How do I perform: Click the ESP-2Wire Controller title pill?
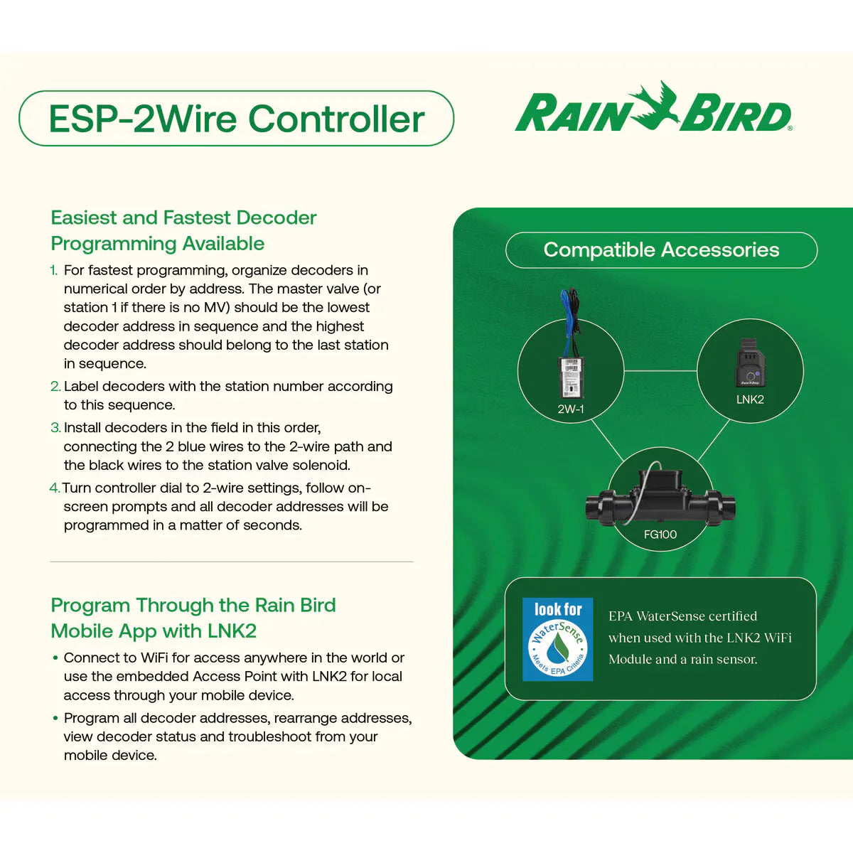click(236, 119)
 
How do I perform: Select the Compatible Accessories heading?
click(661, 250)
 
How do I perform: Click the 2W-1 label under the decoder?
click(570, 409)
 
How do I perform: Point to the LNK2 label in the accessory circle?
click(750, 399)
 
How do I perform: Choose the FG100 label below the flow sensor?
click(660, 535)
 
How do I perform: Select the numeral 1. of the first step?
click(54, 271)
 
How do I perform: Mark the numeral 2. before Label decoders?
click(55, 387)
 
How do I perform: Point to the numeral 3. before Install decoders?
click(55, 428)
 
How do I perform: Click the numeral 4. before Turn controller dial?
click(55, 488)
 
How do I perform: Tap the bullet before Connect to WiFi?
click(55, 658)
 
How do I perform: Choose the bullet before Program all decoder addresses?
click(55, 719)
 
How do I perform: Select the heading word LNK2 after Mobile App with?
click(232, 631)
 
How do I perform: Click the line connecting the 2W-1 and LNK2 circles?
click(660, 371)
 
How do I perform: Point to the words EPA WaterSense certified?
click(682, 616)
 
